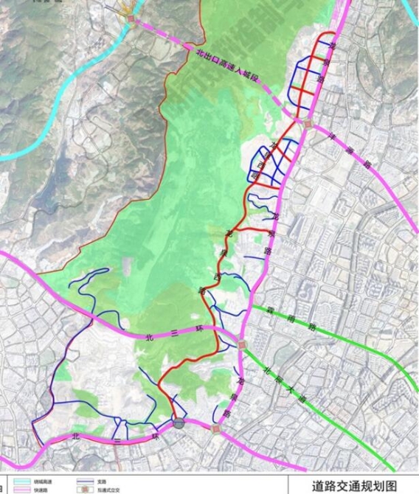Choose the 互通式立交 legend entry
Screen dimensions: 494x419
click(x=103, y=490)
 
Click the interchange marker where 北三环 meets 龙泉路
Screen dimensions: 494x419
click(x=243, y=344)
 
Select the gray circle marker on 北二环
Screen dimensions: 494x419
click(x=179, y=422)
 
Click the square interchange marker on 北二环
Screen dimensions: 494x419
click(x=215, y=427)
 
